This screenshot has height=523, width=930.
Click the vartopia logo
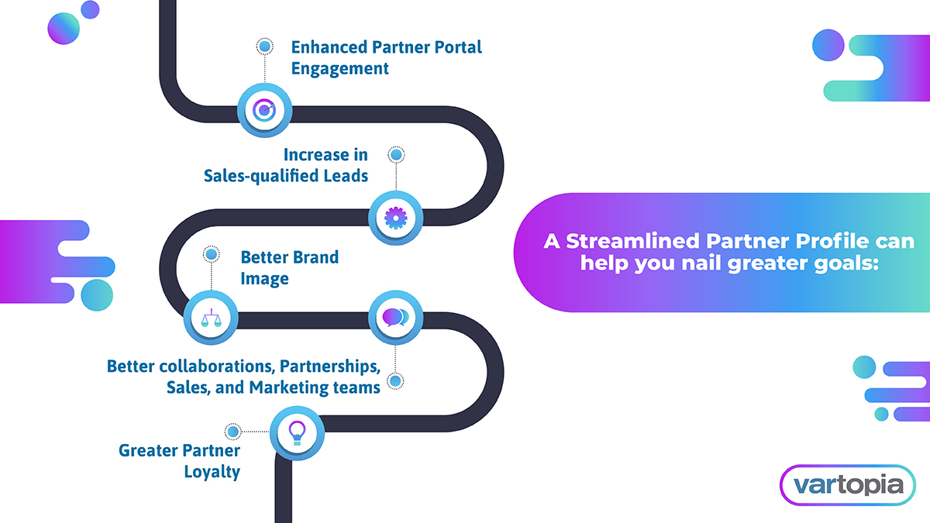(x=846, y=486)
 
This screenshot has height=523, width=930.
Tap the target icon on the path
(x=264, y=110)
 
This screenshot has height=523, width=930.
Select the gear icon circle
(x=395, y=218)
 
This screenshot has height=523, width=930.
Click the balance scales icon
(x=210, y=318)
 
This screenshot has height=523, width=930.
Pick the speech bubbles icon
(x=394, y=318)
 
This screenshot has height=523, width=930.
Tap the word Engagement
(x=339, y=68)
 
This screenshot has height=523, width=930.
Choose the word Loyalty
(x=212, y=471)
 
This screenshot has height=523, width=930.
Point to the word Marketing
(x=292, y=387)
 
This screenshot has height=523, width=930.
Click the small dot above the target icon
(x=264, y=47)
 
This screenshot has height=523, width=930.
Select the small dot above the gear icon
(x=395, y=155)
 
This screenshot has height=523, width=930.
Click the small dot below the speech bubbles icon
(x=395, y=381)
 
